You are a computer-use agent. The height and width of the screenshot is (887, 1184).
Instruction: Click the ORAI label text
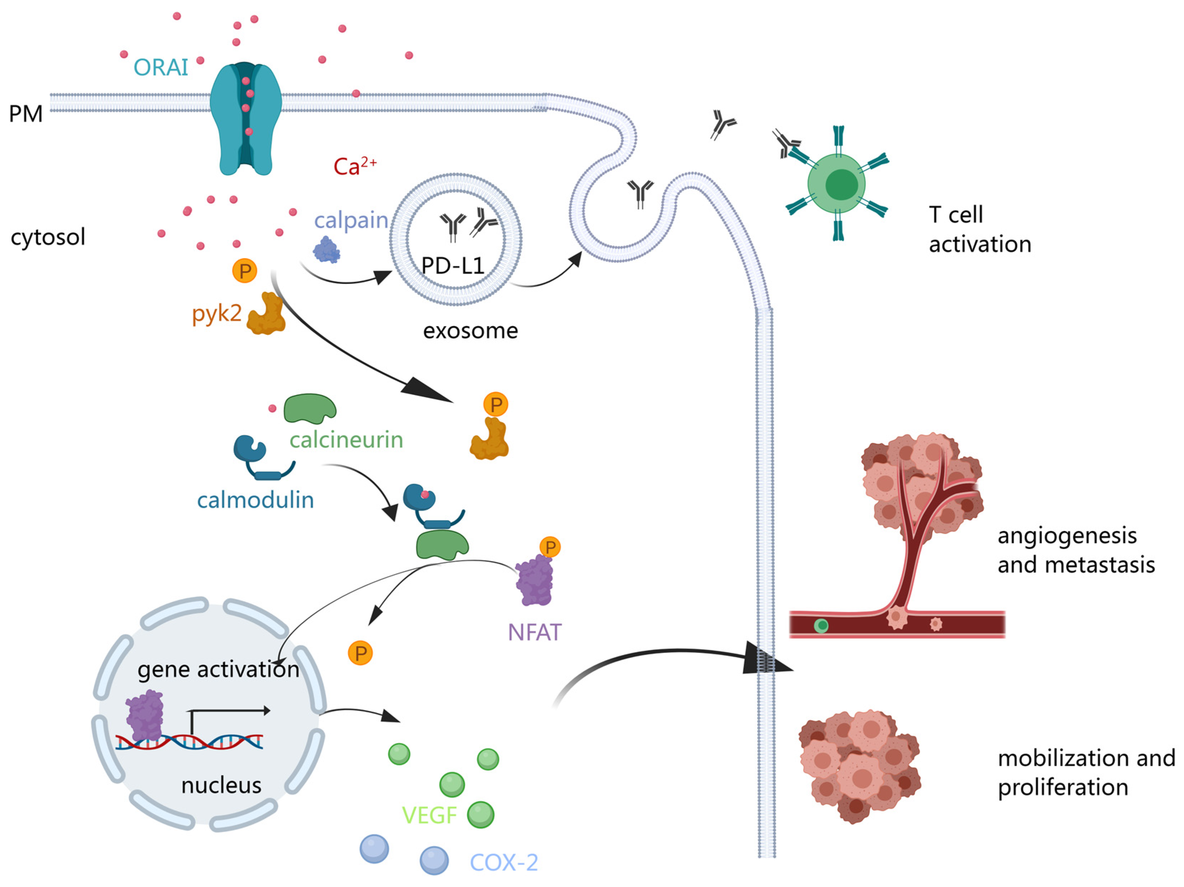(160, 67)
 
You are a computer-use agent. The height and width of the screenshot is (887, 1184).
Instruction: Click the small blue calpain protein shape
(327, 250)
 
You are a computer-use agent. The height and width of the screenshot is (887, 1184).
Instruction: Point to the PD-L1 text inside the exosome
(452, 265)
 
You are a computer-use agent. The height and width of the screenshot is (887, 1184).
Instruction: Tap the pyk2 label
(216, 313)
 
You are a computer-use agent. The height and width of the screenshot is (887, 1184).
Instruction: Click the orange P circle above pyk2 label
(245, 271)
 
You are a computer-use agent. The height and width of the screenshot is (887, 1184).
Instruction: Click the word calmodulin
(255, 500)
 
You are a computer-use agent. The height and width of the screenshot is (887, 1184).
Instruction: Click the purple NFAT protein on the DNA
(145, 715)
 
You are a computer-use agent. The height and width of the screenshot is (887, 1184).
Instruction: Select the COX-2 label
(504, 862)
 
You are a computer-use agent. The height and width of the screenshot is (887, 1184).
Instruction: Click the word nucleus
(221, 785)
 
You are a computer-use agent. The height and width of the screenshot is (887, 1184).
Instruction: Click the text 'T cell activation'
(980, 229)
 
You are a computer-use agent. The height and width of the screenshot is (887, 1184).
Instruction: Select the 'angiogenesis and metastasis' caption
(1076, 550)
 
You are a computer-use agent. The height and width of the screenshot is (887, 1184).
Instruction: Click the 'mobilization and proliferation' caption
(1086, 772)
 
